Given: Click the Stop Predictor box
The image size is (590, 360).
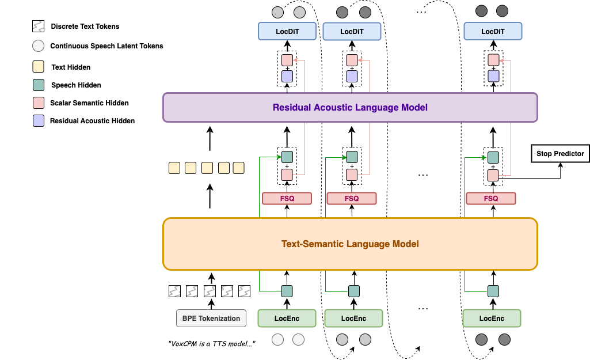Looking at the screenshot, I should [x=560, y=153].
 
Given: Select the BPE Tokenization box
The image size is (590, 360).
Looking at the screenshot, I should [x=211, y=318].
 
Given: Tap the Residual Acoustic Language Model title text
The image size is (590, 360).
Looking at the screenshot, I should [x=350, y=107].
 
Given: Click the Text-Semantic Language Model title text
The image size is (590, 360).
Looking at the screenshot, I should [x=350, y=244].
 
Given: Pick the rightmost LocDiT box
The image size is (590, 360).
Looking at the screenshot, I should [x=493, y=31].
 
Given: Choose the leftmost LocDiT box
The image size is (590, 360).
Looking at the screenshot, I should [x=287, y=31].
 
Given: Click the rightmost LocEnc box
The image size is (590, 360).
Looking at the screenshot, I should [x=492, y=318].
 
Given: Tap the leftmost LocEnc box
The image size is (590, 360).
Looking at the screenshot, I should [x=287, y=318].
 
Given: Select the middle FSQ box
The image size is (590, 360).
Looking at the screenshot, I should [x=352, y=198].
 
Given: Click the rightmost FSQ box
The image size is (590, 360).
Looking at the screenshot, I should [x=491, y=198].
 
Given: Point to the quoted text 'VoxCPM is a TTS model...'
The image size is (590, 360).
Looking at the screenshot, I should [x=211, y=343].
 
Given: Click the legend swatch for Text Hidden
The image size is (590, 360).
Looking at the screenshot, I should [x=38, y=67].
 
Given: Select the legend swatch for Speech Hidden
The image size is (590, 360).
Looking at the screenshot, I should [x=38, y=85].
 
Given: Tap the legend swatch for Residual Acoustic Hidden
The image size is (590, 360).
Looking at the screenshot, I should [x=38, y=120].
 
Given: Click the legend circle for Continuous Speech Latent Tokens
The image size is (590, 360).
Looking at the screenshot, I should [x=38, y=46].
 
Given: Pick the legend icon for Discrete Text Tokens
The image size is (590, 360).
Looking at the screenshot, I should [x=38, y=26].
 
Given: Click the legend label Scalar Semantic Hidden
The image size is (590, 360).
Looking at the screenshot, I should [x=89, y=103].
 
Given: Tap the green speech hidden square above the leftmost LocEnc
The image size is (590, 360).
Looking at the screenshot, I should [x=287, y=291].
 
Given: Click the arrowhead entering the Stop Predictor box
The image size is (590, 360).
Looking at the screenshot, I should [x=561, y=164].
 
